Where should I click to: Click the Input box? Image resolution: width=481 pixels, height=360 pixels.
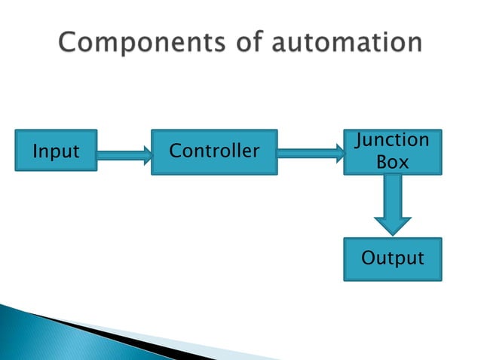(x=57, y=151)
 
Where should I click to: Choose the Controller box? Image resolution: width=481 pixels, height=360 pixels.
(x=214, y=151)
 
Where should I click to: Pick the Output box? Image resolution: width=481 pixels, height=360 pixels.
(x=392, y=259)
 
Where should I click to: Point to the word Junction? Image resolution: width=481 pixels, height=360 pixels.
(x=392, y=140)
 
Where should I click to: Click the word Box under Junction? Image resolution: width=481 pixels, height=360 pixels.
(x=392, y=162)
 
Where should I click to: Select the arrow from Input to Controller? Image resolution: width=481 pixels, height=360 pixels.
(x=124, y=156)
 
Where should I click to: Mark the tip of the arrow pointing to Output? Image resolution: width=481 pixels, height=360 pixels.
(x=392, y=233)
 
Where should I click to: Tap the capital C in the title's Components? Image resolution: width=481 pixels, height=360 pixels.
(x=69, y=43)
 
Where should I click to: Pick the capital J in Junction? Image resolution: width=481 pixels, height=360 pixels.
(x=360, y=140)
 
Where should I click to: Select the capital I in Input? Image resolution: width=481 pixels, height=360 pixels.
(x=35, y=151)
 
